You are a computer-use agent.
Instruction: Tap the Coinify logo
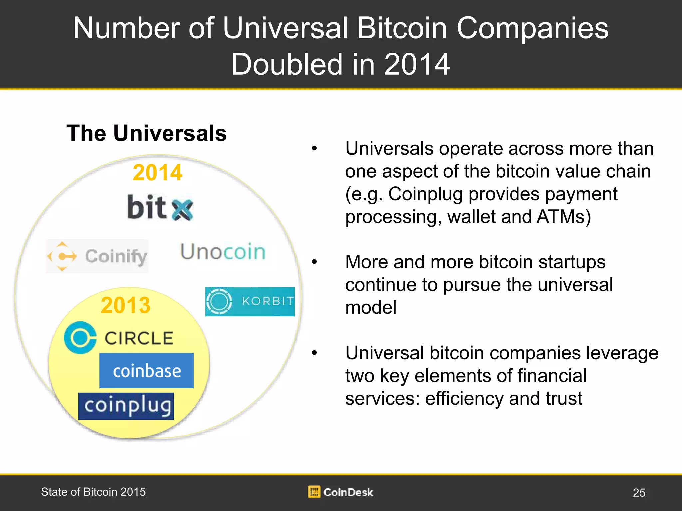pos(97,256)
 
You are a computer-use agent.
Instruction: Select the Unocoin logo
pos(223,252)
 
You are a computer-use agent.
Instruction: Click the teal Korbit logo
pos(250,301)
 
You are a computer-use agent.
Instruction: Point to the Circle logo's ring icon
pos(80,337)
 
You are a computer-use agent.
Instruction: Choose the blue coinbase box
pos(147,370)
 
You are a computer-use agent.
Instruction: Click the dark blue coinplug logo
pos(126,406)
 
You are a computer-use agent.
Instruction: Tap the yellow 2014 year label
pos(158,173)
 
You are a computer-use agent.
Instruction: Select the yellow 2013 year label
pos(126,305)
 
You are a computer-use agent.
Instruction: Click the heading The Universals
pos(147,133)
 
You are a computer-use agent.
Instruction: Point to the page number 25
pos(639,492)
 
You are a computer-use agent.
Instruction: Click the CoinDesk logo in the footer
pos(340,492)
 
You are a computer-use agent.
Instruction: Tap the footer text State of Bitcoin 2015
pos(93,492)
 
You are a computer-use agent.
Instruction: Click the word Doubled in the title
pos(287,64)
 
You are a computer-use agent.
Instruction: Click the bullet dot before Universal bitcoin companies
pos(314,353)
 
